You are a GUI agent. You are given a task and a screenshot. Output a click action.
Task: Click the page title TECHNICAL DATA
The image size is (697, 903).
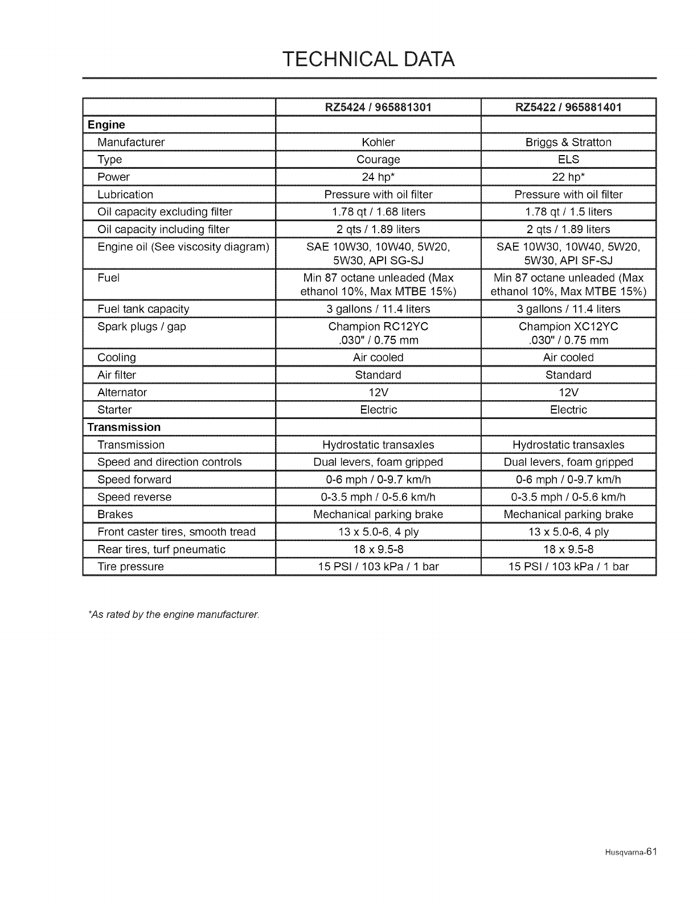369,59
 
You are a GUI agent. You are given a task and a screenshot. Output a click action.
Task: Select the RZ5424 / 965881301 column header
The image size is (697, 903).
378,107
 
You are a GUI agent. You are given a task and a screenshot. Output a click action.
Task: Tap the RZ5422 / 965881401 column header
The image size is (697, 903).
568,107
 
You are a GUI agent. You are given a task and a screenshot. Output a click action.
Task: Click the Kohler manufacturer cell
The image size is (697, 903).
378,142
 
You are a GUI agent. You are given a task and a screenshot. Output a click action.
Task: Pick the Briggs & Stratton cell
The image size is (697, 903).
568,142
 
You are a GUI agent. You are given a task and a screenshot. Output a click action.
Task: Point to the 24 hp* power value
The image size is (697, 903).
378,177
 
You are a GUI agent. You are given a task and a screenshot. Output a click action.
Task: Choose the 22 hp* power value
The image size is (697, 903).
568,177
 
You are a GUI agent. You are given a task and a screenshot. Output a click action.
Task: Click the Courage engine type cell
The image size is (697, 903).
378,160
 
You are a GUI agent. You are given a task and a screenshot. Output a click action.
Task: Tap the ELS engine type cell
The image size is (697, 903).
568,160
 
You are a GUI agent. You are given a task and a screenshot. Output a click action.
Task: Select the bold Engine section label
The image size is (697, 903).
106,125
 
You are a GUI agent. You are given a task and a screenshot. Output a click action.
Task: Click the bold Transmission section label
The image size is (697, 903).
124,427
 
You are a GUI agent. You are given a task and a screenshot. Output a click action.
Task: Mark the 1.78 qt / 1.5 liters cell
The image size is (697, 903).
568,211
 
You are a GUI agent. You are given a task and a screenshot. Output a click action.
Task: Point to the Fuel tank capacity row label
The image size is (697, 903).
143,309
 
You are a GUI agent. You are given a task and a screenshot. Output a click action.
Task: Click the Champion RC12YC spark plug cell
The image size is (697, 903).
378,327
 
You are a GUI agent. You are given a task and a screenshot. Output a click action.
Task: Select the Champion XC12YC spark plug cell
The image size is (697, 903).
568,327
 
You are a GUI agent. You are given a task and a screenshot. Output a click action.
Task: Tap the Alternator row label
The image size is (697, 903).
122,392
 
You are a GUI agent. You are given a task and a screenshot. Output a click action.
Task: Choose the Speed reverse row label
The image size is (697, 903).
134,497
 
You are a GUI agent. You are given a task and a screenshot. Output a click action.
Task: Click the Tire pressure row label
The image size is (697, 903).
131,567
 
